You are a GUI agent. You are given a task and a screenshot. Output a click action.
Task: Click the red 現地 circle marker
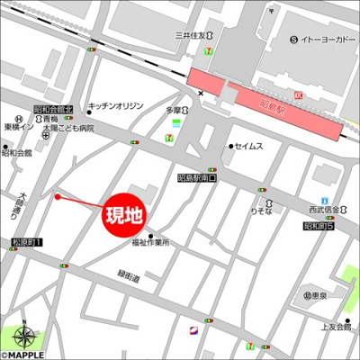coord(124,216)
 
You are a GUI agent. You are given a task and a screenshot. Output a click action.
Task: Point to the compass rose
coord(24,337)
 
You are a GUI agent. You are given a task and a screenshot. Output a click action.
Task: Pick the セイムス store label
coord(250,146)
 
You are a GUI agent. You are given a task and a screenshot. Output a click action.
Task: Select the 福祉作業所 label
coord(148,243)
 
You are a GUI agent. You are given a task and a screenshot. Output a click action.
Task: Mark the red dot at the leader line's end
coord(57,195)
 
